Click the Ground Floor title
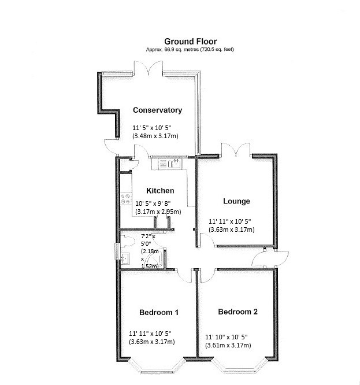[x=191, y=41]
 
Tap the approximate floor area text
[x=190, y=49]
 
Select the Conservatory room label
[x=157, y=110]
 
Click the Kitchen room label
[x=160, y=191]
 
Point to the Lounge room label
[x=236, y=201]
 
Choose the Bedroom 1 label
[x=159, y=312]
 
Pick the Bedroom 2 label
[x=238, y=312]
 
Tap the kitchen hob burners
[x=125, y=199]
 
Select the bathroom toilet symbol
[x=128, y=241]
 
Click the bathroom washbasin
[x=125, y=258]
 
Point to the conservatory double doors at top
[x=149, y=68]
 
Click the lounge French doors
[x=236, y=150]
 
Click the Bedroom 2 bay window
[x=239, y=367]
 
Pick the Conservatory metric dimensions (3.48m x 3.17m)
[x=155, y=136]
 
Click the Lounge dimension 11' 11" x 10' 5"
[x=229, y=221]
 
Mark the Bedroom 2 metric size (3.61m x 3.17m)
[x=228, y=345]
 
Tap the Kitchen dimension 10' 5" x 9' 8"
[x=153, y=203]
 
